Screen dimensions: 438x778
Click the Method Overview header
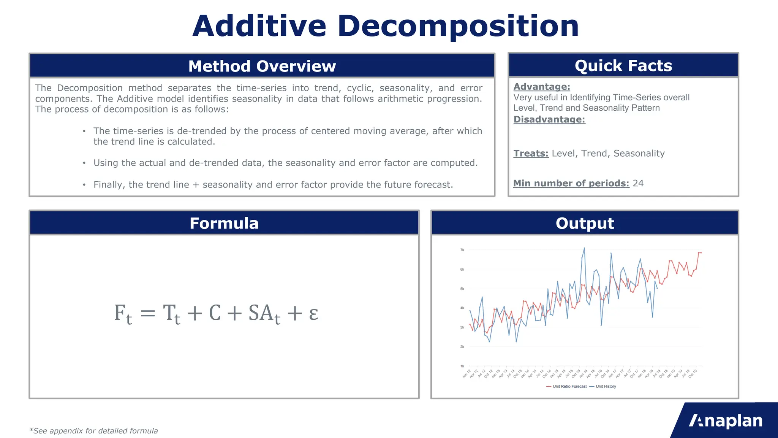262,66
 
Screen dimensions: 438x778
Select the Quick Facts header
623,66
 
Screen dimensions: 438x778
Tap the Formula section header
224,223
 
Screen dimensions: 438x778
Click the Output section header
585,223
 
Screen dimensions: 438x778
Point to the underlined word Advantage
541,87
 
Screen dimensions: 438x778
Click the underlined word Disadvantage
549,119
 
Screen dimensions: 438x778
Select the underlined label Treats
531,153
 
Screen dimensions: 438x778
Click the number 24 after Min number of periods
638,183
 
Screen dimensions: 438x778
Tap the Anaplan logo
725,421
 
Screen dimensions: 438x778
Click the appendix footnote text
93,431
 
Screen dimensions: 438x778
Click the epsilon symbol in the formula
313,313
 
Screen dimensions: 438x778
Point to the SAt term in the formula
264,314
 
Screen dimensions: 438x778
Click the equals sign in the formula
148,314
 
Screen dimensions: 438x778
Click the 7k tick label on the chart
462,250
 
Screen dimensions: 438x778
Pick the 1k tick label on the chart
462,366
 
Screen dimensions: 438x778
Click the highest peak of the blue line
584,248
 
